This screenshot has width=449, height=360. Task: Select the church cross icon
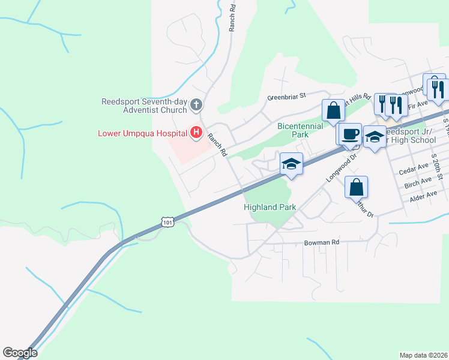tap(196, 106)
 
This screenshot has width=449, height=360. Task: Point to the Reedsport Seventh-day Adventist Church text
tap(144, 106)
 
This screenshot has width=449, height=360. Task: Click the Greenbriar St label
tap(286, 95)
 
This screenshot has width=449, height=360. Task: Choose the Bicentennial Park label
tap(300, 130)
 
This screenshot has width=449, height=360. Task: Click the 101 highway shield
tap(168, 223)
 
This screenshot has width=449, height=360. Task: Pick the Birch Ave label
tap(418, 181)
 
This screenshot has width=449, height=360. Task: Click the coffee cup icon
tap(349, 134)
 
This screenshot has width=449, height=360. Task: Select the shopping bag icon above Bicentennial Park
tap(333, 110)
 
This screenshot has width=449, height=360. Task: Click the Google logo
tap(20, 353)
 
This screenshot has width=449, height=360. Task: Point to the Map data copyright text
tap(424, 355)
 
